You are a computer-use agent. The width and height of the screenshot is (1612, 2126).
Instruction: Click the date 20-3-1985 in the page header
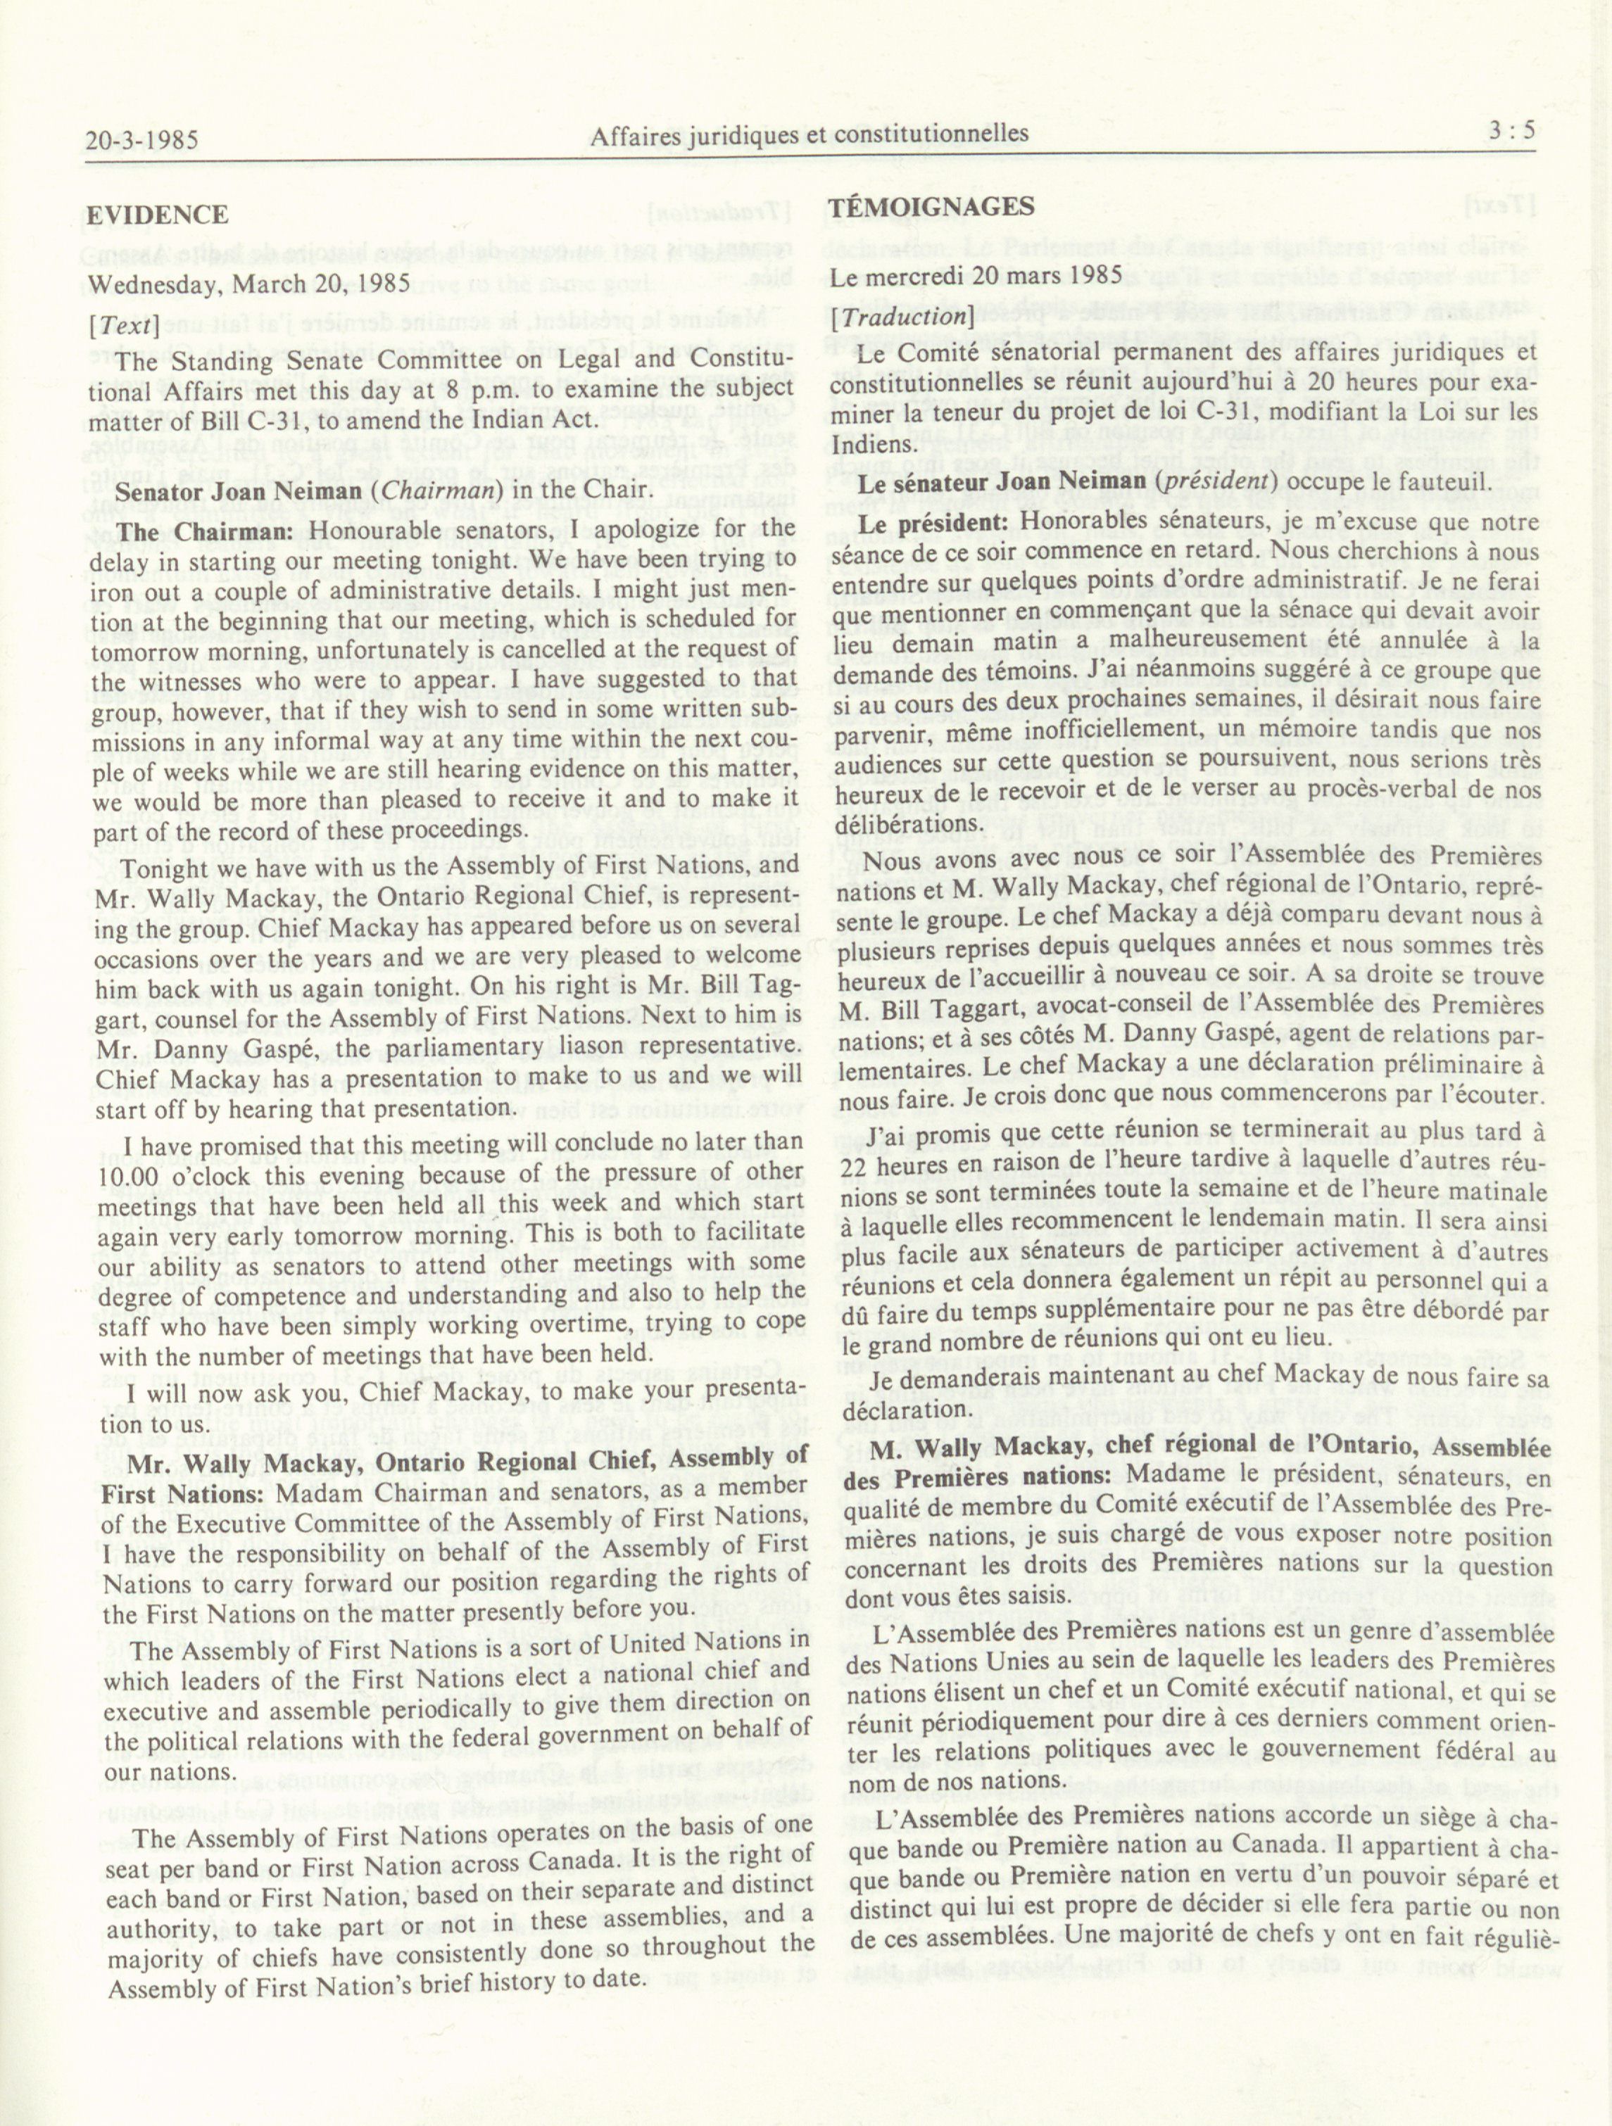tap(141, 141)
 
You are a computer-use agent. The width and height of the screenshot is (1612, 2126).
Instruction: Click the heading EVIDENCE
tap(158, 215)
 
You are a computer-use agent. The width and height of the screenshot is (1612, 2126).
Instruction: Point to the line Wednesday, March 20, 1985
tap(249, 286)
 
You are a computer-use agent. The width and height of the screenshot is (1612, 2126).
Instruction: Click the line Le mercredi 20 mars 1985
tap(976, 277)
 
